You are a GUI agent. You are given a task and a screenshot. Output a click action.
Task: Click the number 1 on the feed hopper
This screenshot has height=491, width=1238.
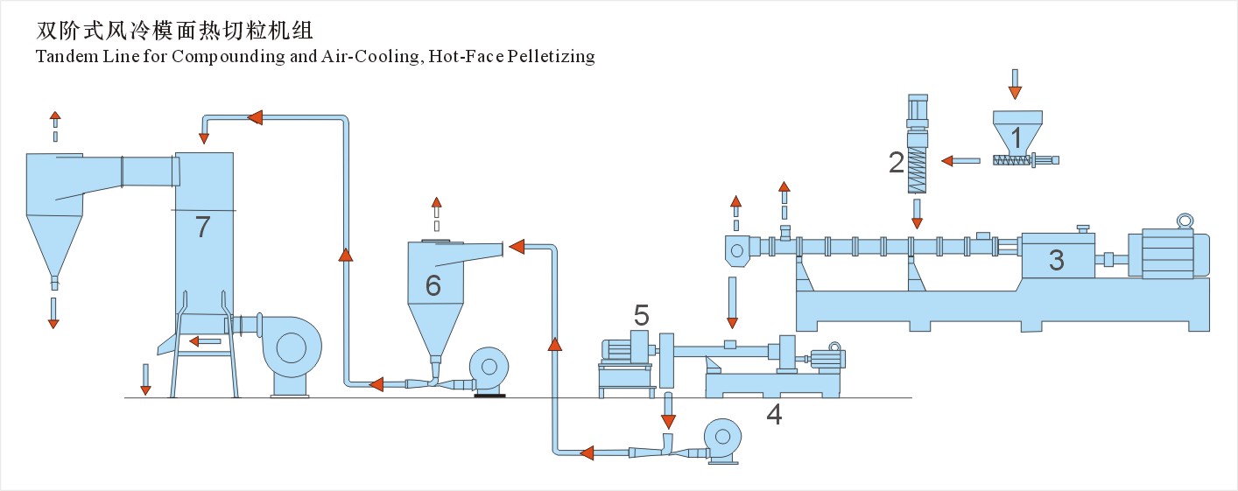(1016, 137)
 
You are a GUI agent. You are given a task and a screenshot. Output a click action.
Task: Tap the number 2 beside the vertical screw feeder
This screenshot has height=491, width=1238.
(896, 162)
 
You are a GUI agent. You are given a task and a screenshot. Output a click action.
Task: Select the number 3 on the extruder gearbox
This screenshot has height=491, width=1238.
(1057, 260)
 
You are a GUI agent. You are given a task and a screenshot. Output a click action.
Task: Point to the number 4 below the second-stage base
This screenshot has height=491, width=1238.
(773, 414)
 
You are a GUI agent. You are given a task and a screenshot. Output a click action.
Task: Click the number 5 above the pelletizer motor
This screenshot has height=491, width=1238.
(642, 313)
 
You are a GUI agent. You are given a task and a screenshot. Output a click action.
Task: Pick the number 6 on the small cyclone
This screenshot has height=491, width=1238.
(433, 284)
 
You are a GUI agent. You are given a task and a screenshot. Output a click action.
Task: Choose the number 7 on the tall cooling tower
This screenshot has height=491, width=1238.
(203, 227)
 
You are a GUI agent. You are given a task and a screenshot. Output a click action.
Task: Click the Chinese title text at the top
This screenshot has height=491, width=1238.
(174, 32)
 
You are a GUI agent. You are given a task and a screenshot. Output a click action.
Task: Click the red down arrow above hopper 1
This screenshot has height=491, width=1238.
(1014, 85)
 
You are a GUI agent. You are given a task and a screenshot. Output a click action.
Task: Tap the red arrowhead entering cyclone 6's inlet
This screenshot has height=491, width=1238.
(516, 247)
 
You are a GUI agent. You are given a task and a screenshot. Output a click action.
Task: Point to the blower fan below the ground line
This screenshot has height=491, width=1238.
(724, 437)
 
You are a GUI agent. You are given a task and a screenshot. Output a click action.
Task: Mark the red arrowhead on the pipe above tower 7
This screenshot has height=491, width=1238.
(255, 117)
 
